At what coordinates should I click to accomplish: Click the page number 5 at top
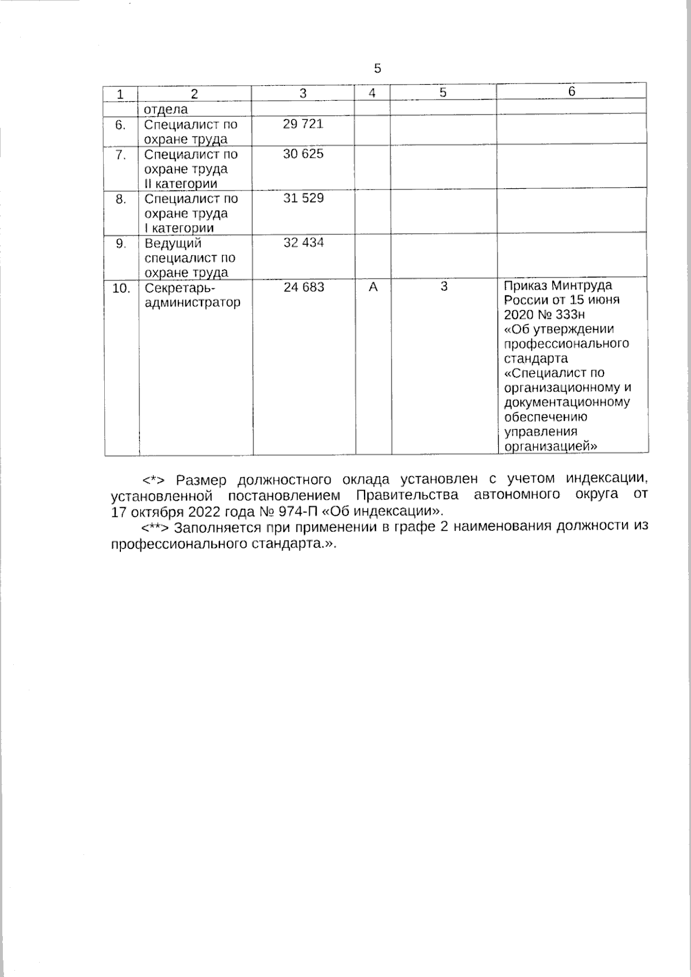coord(377,69)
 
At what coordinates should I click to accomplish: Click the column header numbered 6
coord(571,92)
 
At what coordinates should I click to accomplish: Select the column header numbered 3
coord(303,93)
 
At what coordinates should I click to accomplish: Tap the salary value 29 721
coord(303,124)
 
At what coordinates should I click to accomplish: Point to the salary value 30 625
coord(303,154)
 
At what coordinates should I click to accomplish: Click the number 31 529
coord(303,198)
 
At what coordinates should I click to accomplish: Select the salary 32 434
coord(303,242)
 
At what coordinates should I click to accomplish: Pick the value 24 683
coord(303,287)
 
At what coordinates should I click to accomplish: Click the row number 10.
coord(121,288)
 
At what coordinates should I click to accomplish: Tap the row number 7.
coord(120,155)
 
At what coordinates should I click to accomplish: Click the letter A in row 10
coord(373,287)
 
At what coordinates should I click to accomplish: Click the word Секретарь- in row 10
coord(179,288)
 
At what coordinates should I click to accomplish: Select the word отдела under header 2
coord(165,109)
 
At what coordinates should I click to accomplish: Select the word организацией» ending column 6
coord(550,446)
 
